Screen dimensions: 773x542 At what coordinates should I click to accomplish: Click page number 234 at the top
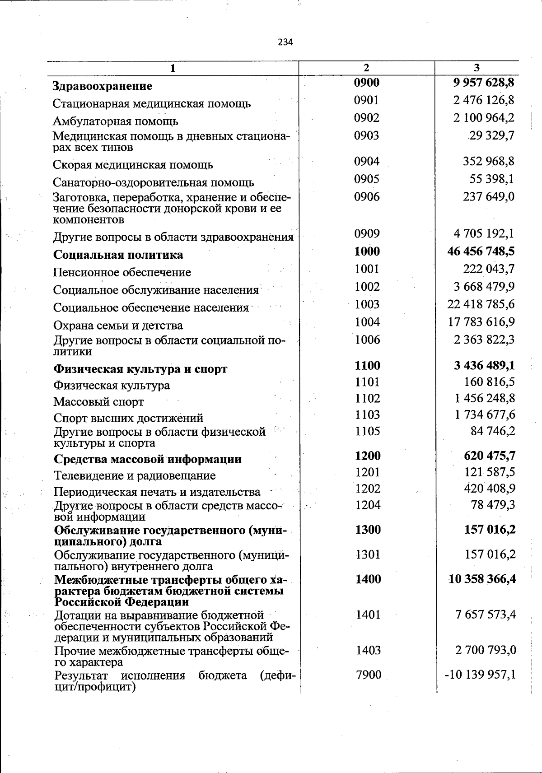click(285, 42)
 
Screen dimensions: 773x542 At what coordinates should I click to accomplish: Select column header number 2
click(366, 68)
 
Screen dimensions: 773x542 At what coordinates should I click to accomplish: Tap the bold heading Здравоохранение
click(103, 86)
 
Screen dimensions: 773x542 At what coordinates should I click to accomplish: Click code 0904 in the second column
click(366, 161)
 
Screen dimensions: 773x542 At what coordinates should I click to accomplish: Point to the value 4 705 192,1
click(484, 233)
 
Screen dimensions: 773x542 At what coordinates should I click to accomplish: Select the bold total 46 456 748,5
click(481, 251)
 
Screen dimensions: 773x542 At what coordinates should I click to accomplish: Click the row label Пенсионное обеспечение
click(122, 272)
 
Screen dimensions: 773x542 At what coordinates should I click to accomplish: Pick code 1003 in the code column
click(367, 304)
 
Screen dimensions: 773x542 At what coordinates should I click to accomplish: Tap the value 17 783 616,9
click(481, 322)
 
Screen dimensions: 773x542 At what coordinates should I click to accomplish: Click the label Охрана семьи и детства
click(118, 326)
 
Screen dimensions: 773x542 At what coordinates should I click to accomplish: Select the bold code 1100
click(367, 365)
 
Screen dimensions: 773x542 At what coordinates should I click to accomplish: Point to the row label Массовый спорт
click(98, 401)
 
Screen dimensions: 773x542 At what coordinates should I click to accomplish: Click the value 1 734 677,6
click(485, 414)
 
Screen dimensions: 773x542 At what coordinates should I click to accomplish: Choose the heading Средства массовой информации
click(147, 459)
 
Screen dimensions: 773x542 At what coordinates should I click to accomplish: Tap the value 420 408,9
click(490, 489)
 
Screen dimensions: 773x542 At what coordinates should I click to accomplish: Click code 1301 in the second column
click(368, 554)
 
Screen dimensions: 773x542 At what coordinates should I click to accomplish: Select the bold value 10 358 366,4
click(482, 579)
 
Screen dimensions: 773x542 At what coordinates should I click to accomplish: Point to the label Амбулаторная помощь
click(115, 121)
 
